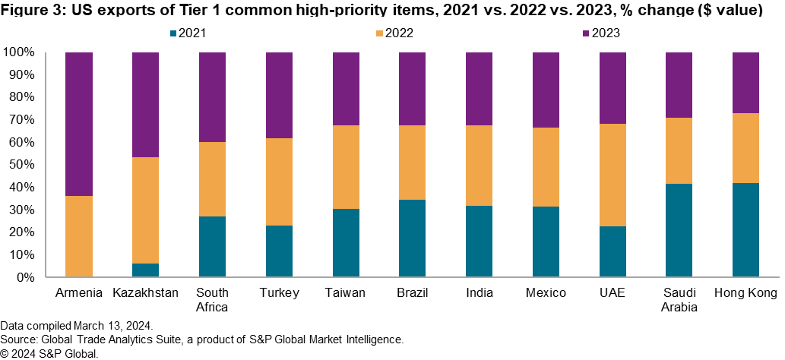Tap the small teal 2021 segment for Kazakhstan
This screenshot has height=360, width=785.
146,270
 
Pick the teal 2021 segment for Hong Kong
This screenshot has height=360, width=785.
746,230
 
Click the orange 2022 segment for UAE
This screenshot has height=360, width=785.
612,175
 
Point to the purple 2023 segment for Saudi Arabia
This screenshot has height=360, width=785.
679,85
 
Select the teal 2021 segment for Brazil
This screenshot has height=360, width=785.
413,238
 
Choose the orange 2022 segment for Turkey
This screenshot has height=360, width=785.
279,182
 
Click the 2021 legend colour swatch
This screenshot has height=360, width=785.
174,33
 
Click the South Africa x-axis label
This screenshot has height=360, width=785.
212,300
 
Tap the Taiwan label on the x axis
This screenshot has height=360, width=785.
346,293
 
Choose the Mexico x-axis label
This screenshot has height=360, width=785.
546,293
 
